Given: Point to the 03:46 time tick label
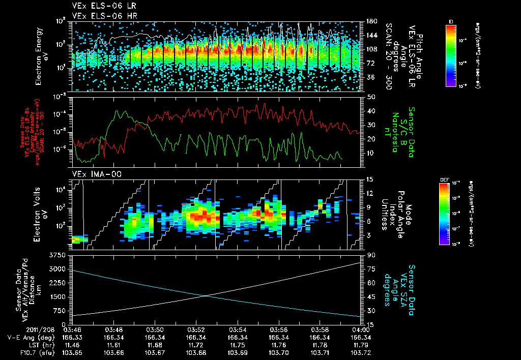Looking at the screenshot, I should pos(72,329).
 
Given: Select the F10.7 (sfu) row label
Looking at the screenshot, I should pos(21,352).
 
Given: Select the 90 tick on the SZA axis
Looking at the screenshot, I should pos(370,255).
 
